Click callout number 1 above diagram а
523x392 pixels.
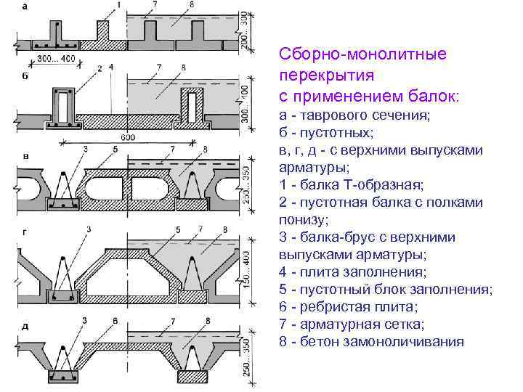click(x=118, y=5)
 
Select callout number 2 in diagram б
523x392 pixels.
click(x=98, y=68)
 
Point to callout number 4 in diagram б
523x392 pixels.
click(x=111, y=68)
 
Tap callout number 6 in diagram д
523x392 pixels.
click(x=115, y=320)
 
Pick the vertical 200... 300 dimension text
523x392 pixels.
click(x=245, y=28)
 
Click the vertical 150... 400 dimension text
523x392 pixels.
click(x=245, y=269)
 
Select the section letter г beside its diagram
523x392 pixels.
click(x=25, y=232)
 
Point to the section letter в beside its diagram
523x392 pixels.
click(x=25, y=155)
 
